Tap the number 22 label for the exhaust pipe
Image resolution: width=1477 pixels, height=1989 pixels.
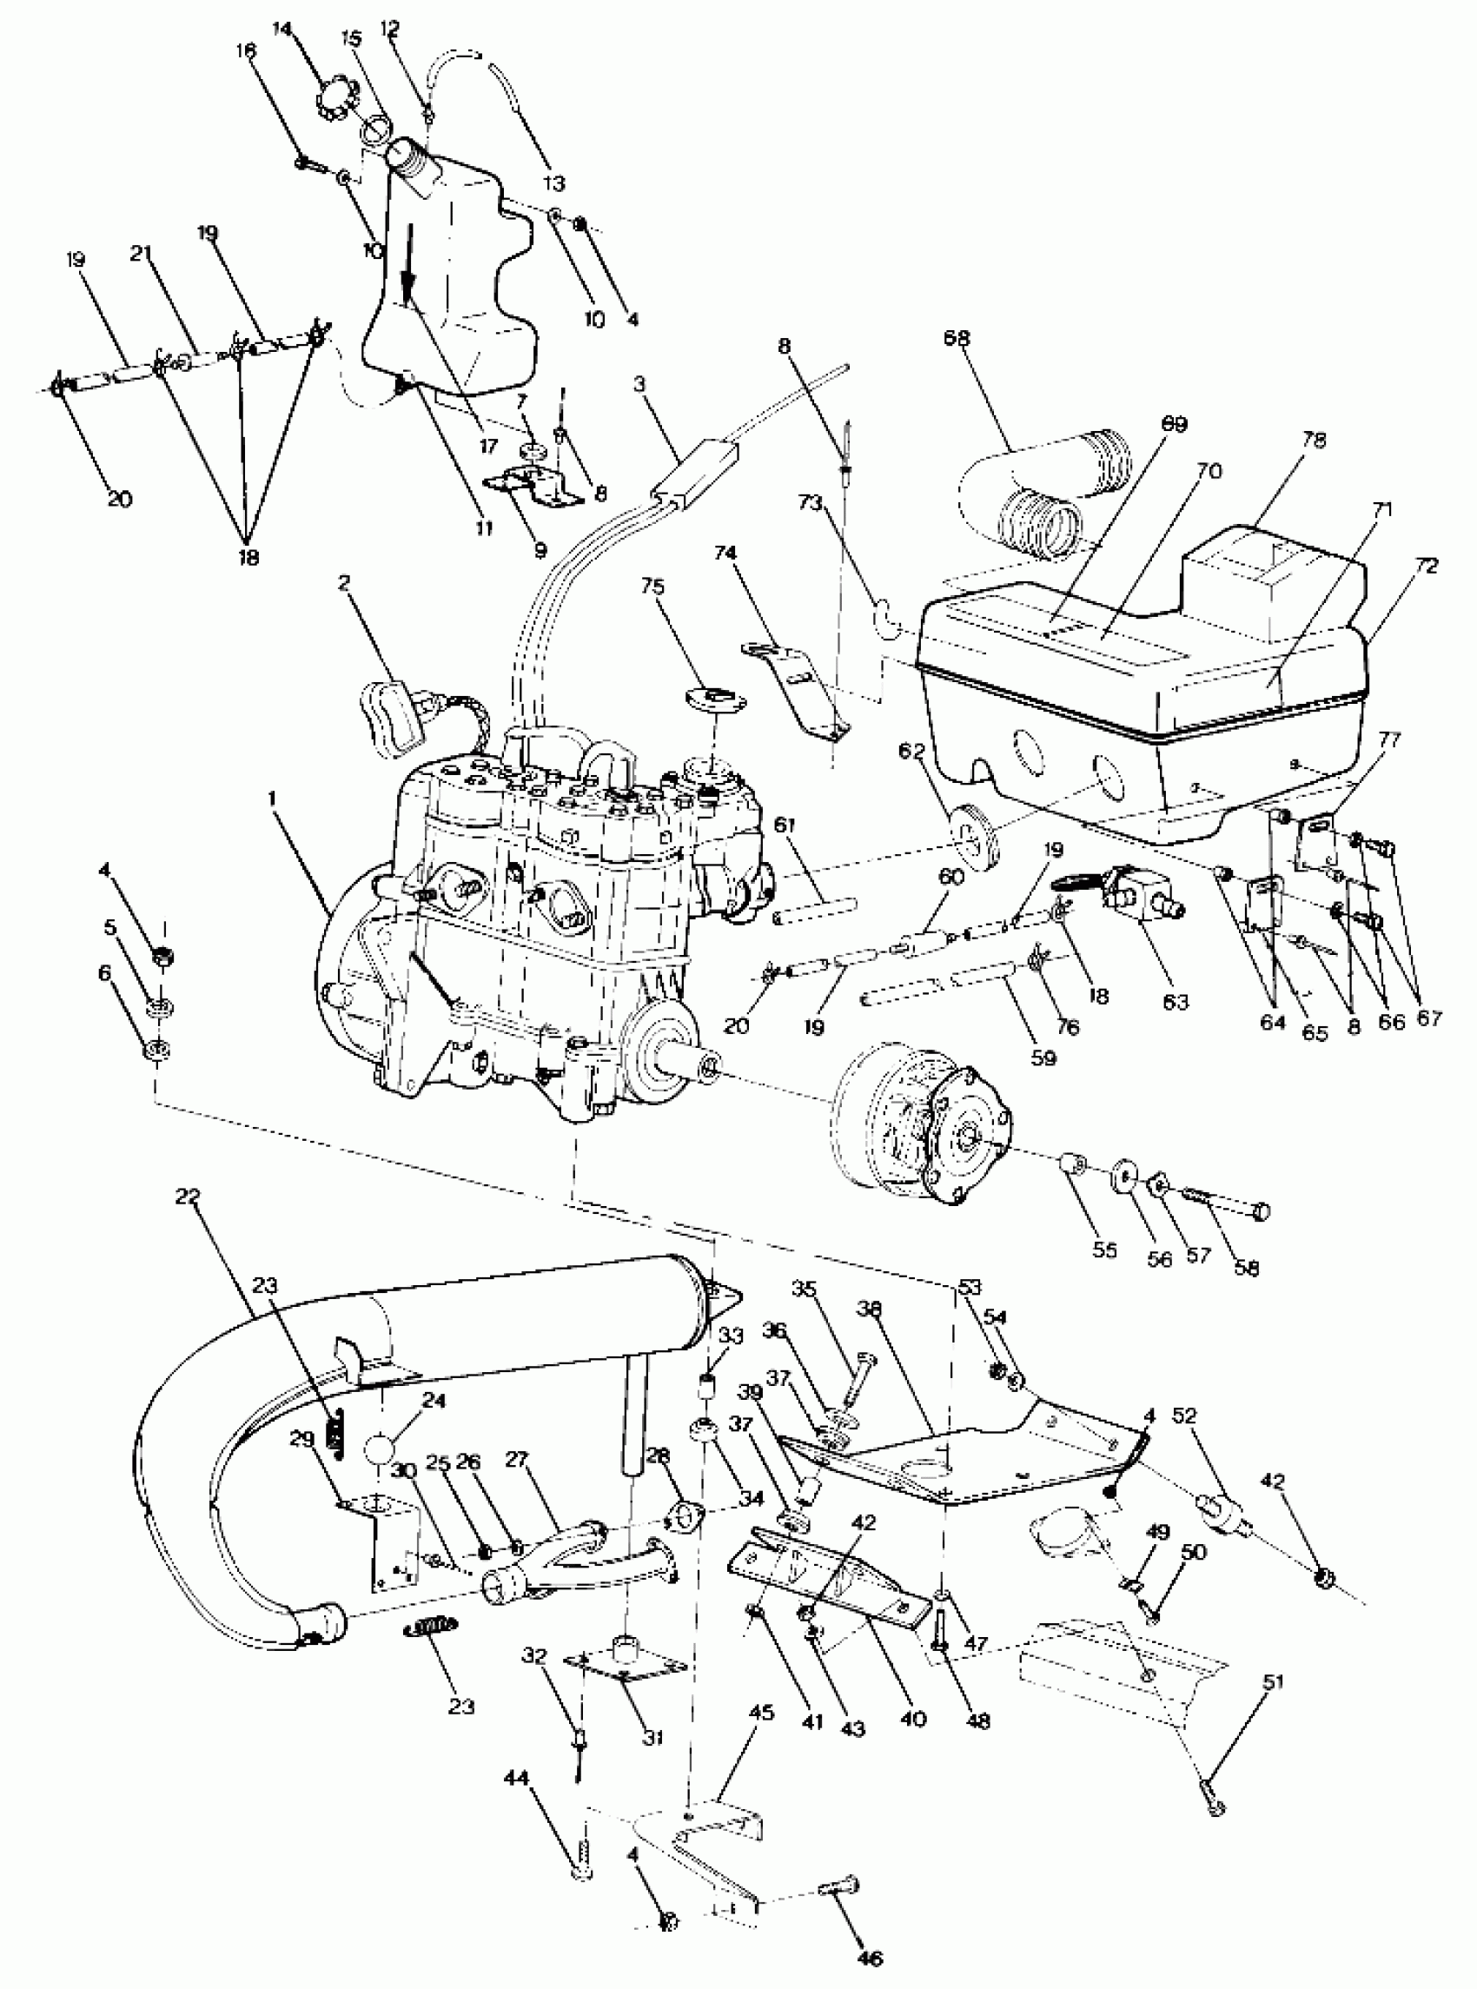click(x=189, y=1196)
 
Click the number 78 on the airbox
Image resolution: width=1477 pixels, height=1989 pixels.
click(x=1314, y=441)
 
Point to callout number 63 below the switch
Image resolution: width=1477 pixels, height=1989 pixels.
click(x=1176, y=1001)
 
